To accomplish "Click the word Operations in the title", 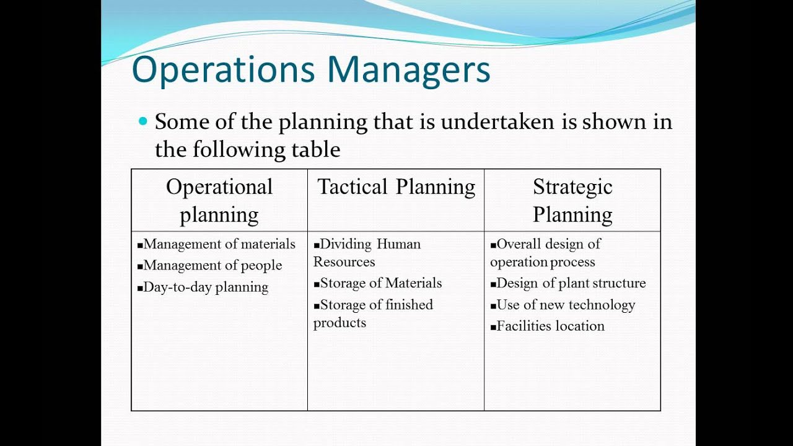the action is [224, 69].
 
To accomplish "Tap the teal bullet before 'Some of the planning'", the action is [143, 121].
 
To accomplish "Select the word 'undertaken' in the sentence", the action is [497, 121].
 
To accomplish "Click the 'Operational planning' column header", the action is [219, 200].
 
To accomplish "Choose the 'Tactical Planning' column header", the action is [396, 186].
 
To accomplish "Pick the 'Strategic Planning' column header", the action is [572, 200].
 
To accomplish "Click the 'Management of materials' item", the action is [216, 244].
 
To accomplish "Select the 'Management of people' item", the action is [209, 266].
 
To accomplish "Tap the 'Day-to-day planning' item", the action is [203, 287].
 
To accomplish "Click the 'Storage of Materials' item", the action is [378, 283].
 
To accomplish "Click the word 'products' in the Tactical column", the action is [340, 323].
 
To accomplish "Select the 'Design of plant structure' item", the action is [568, 283].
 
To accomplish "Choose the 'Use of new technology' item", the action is [563, 305].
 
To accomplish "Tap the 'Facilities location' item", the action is [547, 326].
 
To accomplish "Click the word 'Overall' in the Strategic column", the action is [519, 244].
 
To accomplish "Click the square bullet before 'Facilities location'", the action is [493, 328].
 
